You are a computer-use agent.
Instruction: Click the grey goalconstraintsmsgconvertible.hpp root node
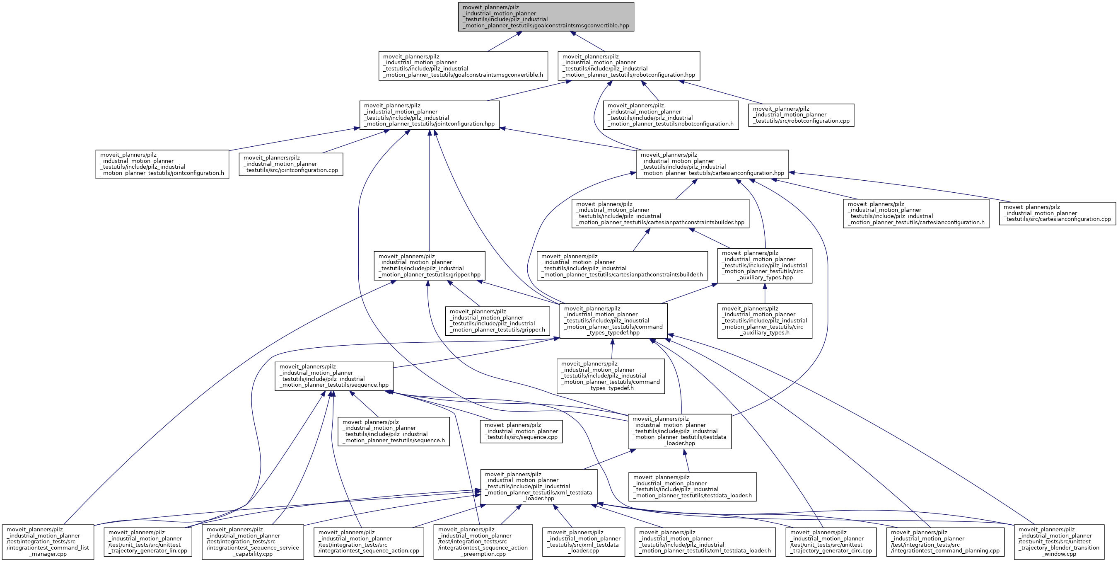tap(546, 17)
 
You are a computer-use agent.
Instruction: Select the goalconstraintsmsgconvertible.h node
tap(463, 65)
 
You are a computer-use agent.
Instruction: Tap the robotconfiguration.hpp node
tap(629, 65)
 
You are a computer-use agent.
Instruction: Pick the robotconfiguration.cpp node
tap(801, 115)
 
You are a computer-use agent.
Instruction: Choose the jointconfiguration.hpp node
tap(429, 115)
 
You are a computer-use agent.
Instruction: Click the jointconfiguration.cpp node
tap(291, 164)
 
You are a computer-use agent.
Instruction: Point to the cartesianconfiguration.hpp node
tap(712, 164)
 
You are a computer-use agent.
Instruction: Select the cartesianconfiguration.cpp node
tap(1057, 213)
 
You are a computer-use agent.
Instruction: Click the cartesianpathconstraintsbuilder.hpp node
tap(660, 213)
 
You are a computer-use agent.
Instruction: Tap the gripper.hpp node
tap(430, 265)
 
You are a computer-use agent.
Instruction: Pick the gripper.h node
tap(497, 320)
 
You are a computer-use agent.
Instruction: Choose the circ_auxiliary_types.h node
tap(764, 320)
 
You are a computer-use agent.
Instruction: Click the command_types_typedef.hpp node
tap(613, 320)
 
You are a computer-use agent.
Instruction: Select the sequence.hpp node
tap(334, 376)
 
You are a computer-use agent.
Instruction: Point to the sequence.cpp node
tap(521, 431)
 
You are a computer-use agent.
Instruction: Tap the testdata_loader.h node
tap(692, 487)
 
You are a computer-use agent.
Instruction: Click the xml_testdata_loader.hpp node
tap(538, 487)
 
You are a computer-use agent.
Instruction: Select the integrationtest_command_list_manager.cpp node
tap(48, 542)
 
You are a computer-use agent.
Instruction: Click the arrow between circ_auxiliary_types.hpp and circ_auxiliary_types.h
tap(764, 293)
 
